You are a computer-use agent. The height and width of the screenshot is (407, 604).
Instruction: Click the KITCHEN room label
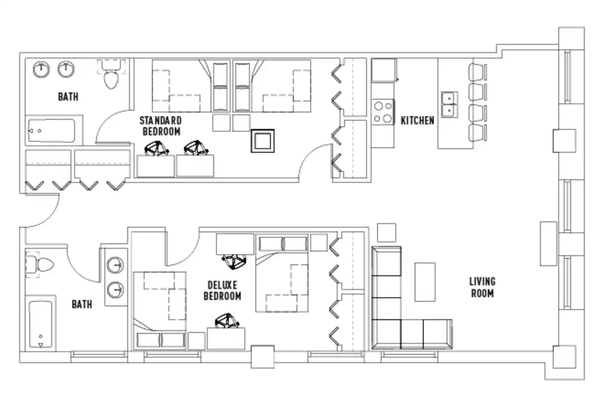[x=417, y=121]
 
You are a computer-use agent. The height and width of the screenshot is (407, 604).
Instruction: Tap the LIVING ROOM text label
[x=482, y=287]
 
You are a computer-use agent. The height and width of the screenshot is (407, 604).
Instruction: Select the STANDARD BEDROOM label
[x=161, y=126]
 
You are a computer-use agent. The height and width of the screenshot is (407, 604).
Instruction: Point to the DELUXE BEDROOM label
[x=222, y=290]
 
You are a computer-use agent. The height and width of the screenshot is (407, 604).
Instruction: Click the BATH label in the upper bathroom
[x=68, y=96]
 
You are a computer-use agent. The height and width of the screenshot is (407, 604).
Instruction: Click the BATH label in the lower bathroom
[x=82, y=304]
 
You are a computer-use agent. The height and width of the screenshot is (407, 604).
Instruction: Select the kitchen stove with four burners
[x=383, y=112]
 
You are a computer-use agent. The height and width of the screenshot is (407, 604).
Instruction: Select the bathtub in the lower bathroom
[x=41, y=326]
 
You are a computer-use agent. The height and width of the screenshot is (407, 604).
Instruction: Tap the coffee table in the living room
[x=425, y=282]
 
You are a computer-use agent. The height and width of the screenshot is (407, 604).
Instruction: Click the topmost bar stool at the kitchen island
[x=477, y=71]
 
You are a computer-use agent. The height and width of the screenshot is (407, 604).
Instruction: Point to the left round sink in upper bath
[x=41, y=69]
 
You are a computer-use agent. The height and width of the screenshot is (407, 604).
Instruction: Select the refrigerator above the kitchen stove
[x=384, y=70]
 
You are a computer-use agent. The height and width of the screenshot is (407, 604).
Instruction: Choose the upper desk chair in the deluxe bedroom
[x=235, y=261]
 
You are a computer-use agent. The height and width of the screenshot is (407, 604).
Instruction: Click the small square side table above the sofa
[x=387, y=232]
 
